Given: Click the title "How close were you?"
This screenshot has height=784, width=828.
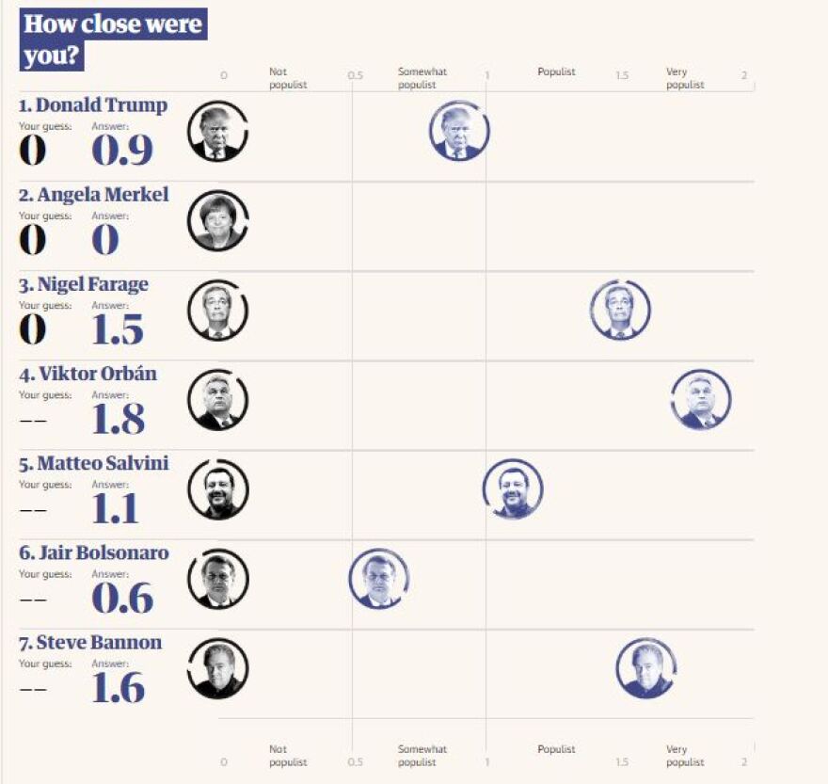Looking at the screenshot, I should pyautogui.click(x=112, y=40).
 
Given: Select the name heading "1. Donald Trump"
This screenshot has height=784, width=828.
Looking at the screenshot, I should pyautogui.click(x=93, y=105).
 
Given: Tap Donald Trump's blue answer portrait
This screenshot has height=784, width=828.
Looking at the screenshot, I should pyautogui.click(x=459, y=131).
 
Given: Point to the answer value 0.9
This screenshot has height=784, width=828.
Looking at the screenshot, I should pyautogui.click(x=121, y=151).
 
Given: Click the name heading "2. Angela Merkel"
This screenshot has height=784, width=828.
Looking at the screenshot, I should pyautogui.click(x=94, y=195).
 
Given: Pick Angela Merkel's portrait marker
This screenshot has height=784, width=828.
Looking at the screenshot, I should pyautogui.click(x=217, y=220).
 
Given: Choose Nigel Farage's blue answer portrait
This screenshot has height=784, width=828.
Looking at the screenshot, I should pyautogui.click(x=620, y=310).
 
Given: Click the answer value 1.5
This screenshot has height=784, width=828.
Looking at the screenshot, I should pyautogui.click(x=118, y=329).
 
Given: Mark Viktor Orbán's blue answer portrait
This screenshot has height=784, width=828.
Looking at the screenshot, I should pyautogui.click(x=701, y=399).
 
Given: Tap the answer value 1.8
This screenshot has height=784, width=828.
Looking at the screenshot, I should pyautogui.click(x=118, y=419).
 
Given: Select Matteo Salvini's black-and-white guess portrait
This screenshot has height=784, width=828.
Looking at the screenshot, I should pyautogui.click(x=218, y=489).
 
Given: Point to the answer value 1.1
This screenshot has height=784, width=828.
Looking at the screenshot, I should pyautogui.click(x=116, y=509).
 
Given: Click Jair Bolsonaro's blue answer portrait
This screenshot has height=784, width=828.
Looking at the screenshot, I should pyautogui.click(x=378, y=579).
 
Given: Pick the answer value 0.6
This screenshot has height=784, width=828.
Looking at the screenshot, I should pyautogui.click(x=121, y=599).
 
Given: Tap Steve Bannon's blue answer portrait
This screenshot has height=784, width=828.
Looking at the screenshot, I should pyautogui.click(x=646, y=668).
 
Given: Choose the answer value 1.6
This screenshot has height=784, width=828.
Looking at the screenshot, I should pyautogui.click(x=118, y=688).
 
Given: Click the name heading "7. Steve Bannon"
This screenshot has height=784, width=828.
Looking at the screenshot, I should pyautogui.click(x=90, y=643).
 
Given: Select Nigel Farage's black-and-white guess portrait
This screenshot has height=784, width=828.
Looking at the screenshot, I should pyautogui.click(x=217, y=310).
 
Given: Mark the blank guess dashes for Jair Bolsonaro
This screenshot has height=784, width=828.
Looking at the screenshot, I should pyautogui.click(x=32, y=600).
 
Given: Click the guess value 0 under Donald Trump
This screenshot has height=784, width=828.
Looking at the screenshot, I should pyautogui.click(x=32, y=151).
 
